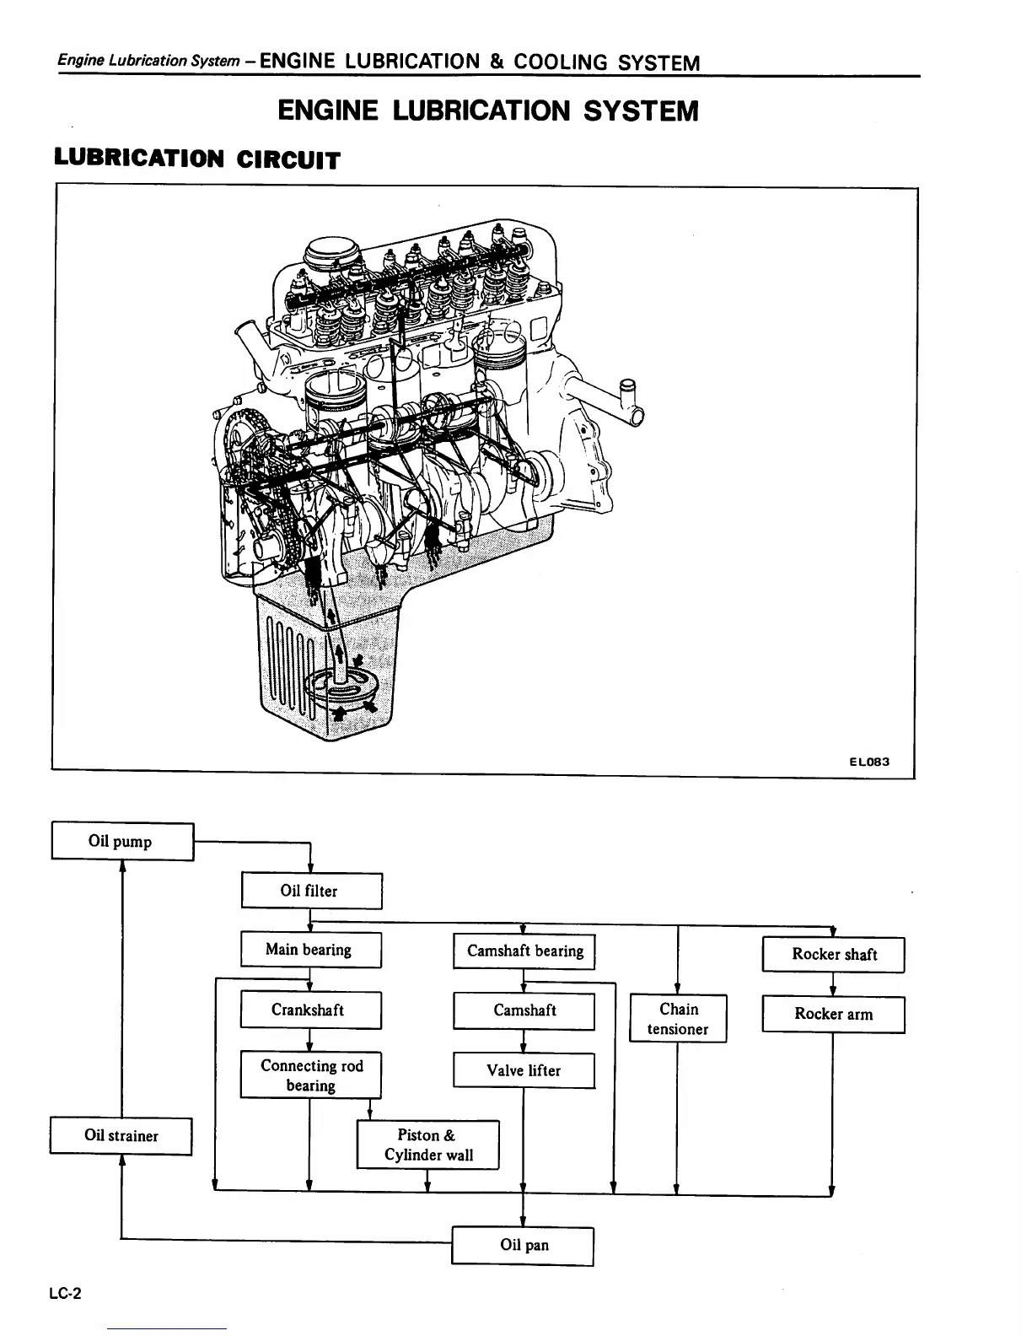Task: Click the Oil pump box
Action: tap(122, 841)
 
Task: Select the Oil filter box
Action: tap(311, 891)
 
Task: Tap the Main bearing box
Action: tap(310, 950)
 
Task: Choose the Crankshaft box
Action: tap(310, 1010)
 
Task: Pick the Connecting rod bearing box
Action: tap(310, 1075)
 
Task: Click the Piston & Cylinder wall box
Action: tap(427, 1145)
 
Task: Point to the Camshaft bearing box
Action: tap(524, 951)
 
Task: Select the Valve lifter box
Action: tap(524, 1070)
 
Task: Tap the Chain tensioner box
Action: tap(678, 1018)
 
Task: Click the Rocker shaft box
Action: tap(833, 955)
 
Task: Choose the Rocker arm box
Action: tap(833, 1014)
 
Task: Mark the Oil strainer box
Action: tap(121, 1135)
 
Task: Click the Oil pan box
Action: tap(523, 1245)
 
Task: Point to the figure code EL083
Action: tap(868, 762)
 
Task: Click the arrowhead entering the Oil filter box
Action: tap(311, 868)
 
